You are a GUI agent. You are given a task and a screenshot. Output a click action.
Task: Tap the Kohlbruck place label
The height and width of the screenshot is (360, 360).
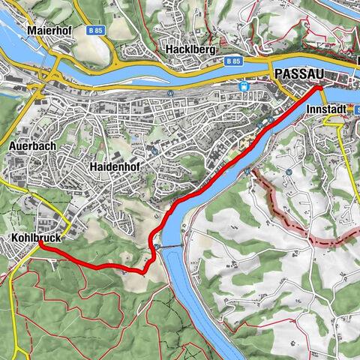tap(34, 238)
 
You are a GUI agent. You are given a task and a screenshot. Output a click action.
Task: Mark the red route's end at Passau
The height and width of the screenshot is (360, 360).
tap(318, 88)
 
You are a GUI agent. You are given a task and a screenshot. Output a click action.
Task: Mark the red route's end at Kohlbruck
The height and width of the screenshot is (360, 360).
tap(40, 244)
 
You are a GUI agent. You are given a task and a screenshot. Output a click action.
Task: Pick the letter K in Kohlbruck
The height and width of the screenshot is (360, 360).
tap(15, 238)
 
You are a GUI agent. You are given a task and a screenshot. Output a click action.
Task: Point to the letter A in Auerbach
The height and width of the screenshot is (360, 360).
tap(15, 146)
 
